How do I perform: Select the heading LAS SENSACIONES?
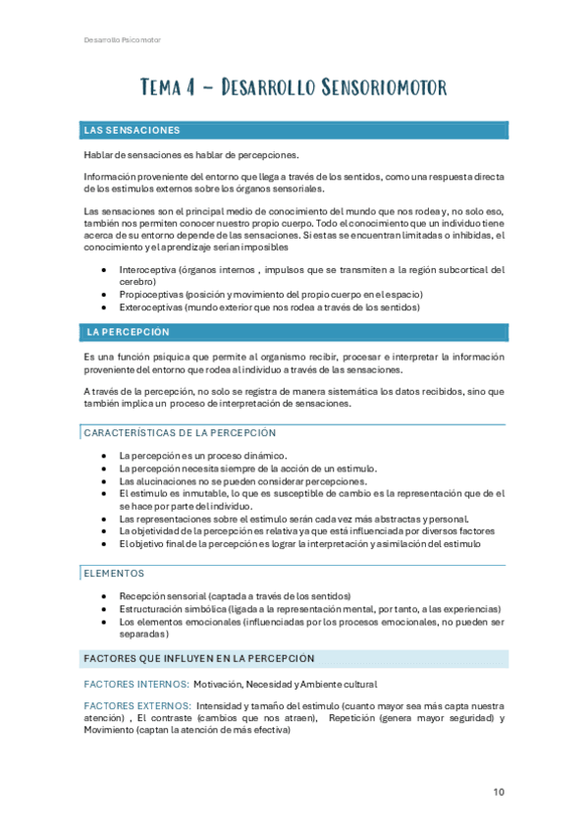(131, 130)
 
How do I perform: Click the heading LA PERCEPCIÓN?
(128, 332)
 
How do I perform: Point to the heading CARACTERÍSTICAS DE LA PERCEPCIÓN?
(180, 432)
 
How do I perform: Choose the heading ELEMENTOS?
(114, 573)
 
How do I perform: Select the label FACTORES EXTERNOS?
(137, 705)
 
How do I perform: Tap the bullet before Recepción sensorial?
(104, 596)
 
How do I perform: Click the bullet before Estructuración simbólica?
(104, 609)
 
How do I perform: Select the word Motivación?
(219, 684)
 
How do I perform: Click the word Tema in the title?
(162, 88)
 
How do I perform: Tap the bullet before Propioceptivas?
(104, 295)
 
